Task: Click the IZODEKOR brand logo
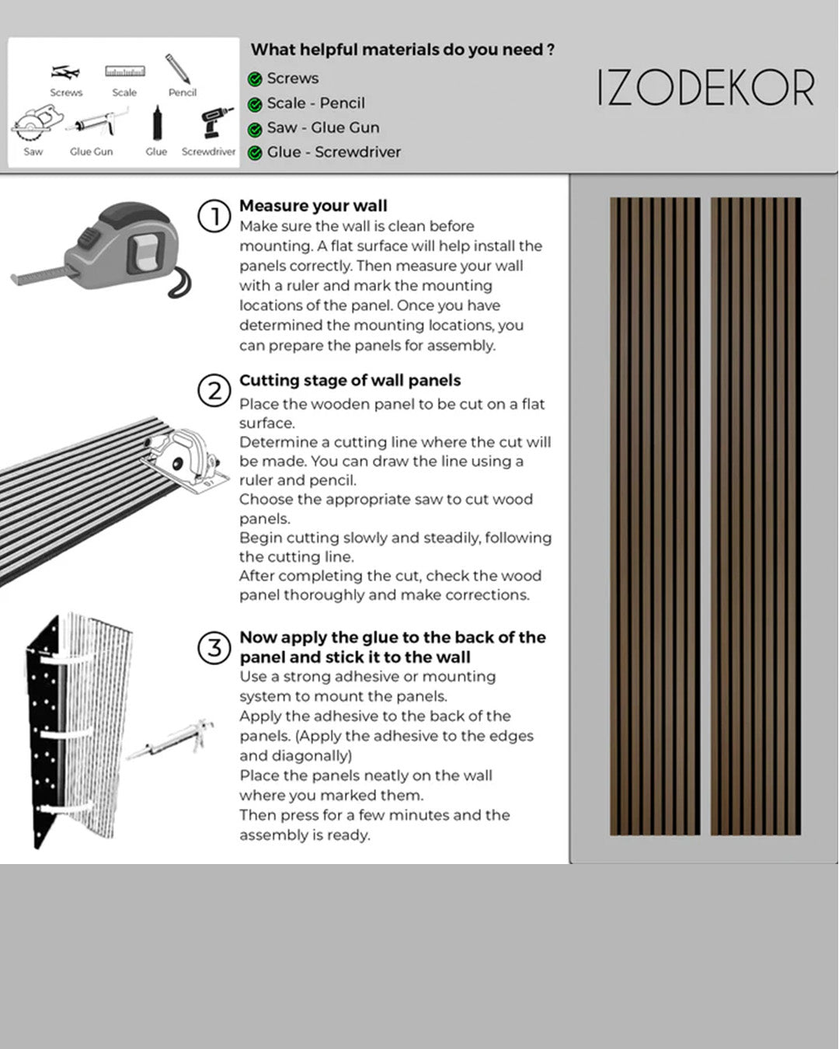point(705,88)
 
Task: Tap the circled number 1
point(214,216)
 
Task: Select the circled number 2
point(214,390)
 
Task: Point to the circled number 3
point(214,648)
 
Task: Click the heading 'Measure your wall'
point(313,206)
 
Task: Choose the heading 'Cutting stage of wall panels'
point(350,381)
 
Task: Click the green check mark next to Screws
point(255,79)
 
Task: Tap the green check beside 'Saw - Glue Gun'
point(255,129)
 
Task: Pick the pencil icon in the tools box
point(178,68)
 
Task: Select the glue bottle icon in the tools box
point(156,124)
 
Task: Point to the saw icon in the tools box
point(32,125)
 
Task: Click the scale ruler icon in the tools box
point(125,71)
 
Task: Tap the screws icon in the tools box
point(65,72)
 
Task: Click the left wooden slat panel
point(654,517)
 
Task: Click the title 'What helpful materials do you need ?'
point(402,50)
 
